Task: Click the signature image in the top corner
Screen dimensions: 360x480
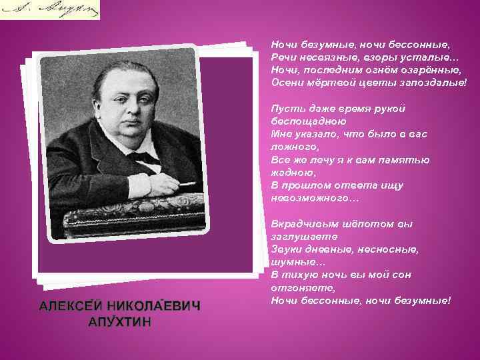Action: click(x=49, y=9)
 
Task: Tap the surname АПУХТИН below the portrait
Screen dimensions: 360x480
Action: click(x=120, y=323)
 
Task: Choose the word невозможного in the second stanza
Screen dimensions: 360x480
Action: click(x=313, y=198)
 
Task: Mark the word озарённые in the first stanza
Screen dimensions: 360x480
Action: click(x=427, y=69)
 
